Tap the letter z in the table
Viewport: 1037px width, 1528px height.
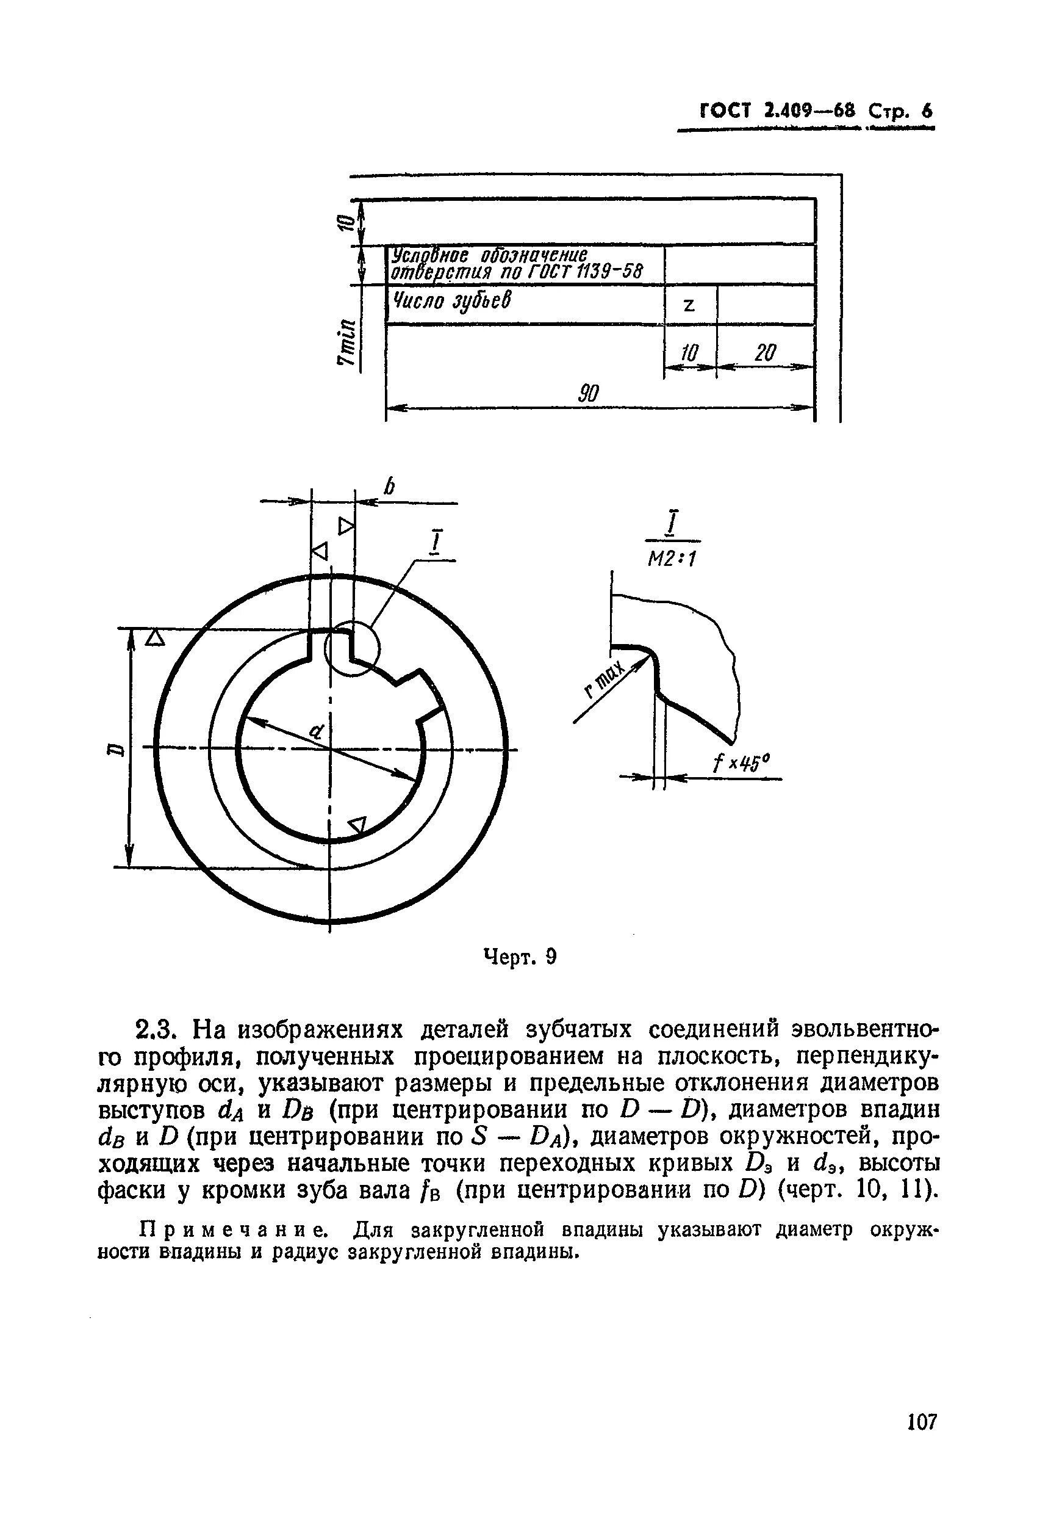tap(689, 305)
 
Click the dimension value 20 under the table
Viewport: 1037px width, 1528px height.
tap(765, 353)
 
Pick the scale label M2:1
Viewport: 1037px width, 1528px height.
tap(672, 559)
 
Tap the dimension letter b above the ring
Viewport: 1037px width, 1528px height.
tap(390, 487)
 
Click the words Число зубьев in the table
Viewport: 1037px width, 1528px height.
tap(450, 302)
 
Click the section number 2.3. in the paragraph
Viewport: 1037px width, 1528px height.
tap(156, 1028)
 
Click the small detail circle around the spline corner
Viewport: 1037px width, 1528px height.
tap(352, 648)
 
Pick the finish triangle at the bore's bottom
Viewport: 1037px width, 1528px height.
tap(357, 825)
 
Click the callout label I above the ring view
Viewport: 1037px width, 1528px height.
tap(436, 544)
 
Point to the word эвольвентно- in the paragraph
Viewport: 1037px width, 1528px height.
tap(859, 1028)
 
